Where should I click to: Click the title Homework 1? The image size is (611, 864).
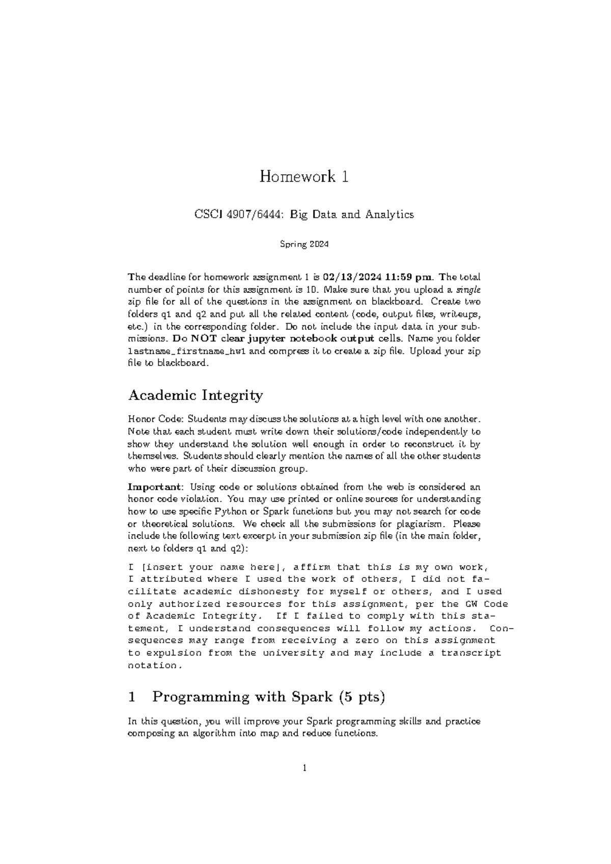[x=304, y=177]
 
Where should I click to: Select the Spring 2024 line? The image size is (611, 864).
[x=304, y=245]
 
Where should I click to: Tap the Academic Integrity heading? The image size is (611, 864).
[x=196, y=395]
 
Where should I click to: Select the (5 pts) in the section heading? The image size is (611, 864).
[x=362, y=697]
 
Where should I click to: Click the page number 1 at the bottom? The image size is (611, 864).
[x=304, y=768]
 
